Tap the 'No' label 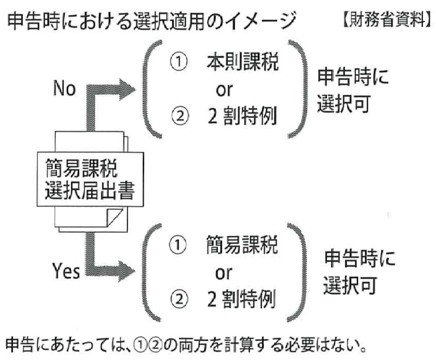coord(64,88)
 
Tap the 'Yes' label coord(66,271)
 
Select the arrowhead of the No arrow coord(127,89)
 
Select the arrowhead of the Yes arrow coord(127,271)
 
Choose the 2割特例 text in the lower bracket coord(241,299)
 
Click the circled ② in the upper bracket coord(179,116)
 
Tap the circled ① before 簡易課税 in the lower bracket coord(177,245)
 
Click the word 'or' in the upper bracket coord(224,89)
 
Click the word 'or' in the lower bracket coord(223,273)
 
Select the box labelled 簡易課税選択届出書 coord(90,179)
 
